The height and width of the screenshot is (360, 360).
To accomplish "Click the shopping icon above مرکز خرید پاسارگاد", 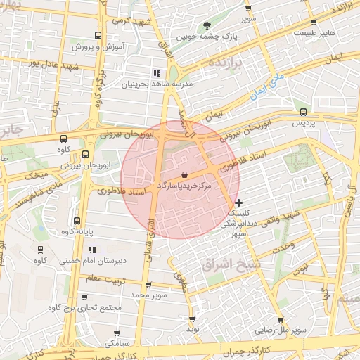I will [184, 174].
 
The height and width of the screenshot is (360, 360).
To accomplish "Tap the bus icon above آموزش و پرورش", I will [97, 34].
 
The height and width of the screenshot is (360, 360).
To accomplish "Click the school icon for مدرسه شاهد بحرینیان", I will [157, 72].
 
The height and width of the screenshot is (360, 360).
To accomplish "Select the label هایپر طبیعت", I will [315, 32].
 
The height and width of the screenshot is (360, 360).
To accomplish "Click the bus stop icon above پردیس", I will [303, 111].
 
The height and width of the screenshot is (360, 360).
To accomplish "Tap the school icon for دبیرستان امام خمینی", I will [92, 250].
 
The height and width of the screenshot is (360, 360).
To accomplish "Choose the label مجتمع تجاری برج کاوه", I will [84, 308].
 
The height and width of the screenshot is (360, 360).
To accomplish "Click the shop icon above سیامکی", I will [117, 333].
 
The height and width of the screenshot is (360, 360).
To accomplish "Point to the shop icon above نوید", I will [192, 317].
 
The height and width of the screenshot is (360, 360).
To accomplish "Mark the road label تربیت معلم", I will [105, 278].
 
